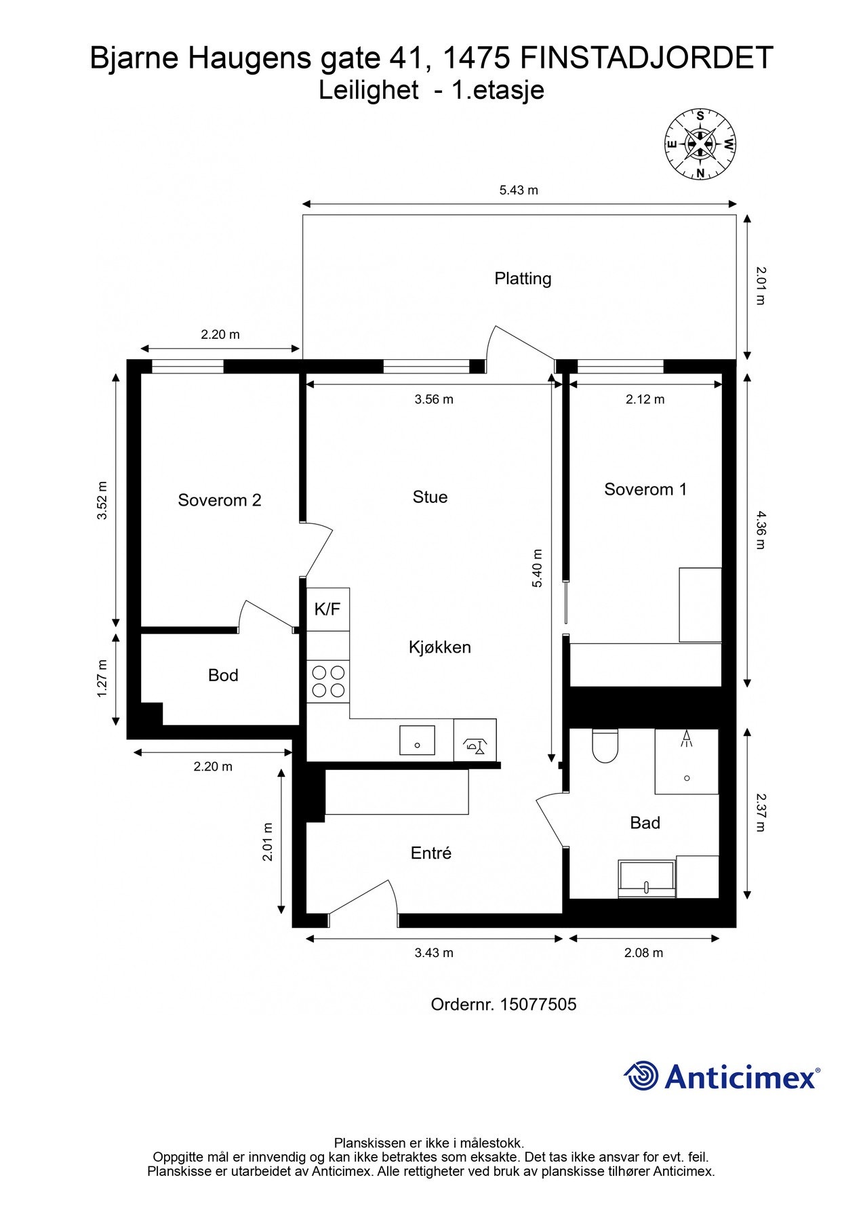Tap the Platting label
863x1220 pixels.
click(523, 279)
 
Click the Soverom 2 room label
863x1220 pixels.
click(219, 500)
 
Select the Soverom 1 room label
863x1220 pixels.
click(645, 489)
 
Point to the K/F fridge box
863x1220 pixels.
click(327, 609)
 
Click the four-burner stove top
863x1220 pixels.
click(327, 682)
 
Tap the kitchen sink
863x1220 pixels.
click(417, 739)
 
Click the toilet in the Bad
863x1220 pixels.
click(605, 746)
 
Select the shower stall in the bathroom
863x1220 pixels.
click(686, 761)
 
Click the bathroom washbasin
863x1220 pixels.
click(647, 880)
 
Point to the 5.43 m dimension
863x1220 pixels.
click(519, 190)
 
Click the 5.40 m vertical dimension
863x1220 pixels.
click(538, 568)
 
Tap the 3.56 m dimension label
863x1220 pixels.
click(434, 399)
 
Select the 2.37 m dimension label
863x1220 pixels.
click(760, 813)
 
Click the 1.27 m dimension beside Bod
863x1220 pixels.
click(102, 678)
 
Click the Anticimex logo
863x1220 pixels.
click(721, 1076)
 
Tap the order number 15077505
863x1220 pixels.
click(538, 1004)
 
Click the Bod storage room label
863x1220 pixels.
click(223, 675)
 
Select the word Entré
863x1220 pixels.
click(431, 853)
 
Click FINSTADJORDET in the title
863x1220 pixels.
click(647, 58)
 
